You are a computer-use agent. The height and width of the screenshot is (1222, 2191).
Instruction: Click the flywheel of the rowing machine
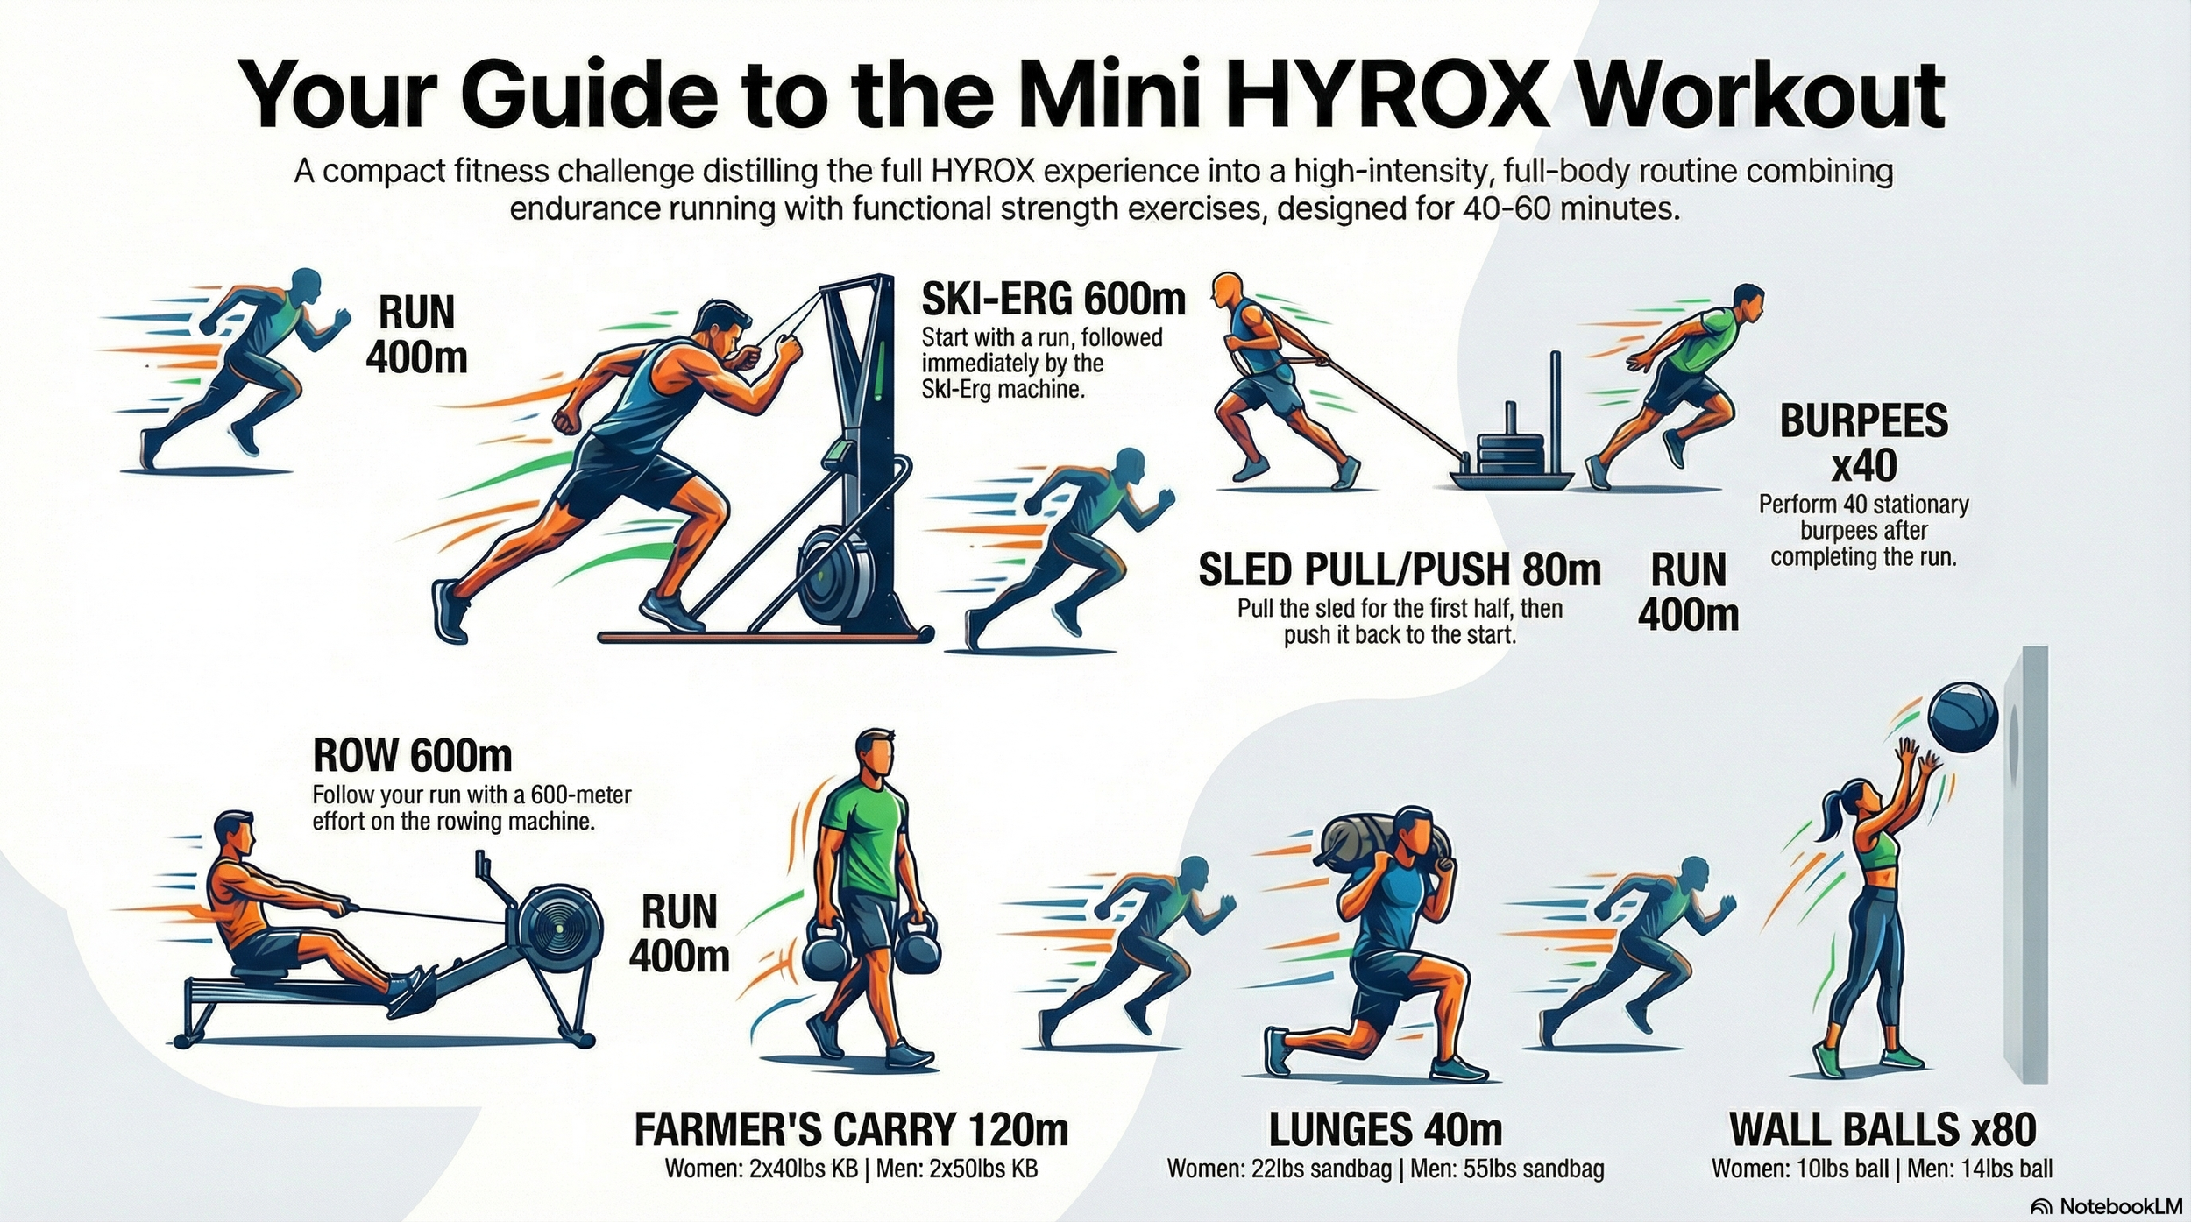(558, 931)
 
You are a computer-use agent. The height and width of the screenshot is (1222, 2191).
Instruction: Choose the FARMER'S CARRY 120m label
(851, 1129)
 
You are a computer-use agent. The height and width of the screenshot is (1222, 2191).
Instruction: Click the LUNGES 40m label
(1385, 1129)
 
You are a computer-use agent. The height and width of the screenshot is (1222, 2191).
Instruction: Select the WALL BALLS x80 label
(1883, 1129)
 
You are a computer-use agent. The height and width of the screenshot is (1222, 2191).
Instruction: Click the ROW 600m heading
(412, 755)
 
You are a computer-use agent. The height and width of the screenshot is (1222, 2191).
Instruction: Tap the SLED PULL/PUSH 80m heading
(1399, 570)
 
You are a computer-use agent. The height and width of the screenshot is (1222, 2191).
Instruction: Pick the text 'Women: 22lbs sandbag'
(1279, 1169)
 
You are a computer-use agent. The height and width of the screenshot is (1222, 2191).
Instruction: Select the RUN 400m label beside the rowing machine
(678, 934)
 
